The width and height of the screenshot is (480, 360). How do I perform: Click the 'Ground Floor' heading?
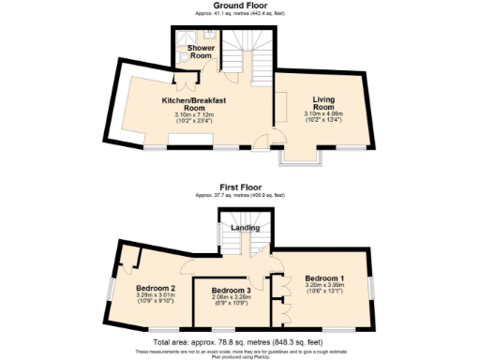point(240,5)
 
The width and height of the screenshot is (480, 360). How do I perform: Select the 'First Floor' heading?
point(240,187)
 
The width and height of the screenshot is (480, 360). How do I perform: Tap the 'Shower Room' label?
point(201,51)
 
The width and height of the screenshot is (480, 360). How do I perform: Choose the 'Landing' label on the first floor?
point(246,228)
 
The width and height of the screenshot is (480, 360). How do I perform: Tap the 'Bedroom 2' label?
point(156,288)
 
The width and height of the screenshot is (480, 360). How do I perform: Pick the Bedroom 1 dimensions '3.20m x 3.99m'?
point(323,286)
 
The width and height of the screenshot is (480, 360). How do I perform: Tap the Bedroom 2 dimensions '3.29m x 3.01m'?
point(156,295)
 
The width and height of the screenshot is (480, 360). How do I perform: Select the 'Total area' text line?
point(240,343)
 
